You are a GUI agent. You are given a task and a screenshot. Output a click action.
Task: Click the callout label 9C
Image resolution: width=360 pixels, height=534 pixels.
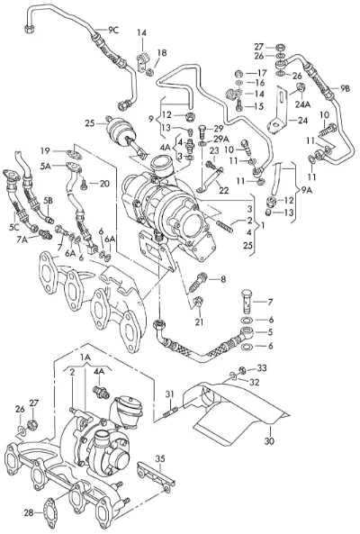[113, 30]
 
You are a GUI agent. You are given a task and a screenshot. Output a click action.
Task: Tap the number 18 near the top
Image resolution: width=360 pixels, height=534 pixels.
[162, 53]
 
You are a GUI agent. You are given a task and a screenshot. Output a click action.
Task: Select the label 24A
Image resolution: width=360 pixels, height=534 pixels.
[302, 104]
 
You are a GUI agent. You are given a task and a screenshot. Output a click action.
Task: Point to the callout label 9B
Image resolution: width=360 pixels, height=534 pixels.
[345, 88]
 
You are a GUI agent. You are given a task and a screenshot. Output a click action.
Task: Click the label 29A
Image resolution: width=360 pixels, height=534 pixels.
[221, 139]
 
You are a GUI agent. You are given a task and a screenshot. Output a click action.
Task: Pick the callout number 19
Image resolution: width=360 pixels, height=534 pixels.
[45, 150]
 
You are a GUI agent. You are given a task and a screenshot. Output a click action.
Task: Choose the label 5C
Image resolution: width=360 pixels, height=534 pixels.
[14, 227]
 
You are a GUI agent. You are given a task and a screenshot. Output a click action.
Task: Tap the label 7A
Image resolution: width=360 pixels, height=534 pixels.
[22, 241]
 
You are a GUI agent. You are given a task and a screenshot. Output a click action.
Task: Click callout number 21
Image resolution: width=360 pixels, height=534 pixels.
[199, 321]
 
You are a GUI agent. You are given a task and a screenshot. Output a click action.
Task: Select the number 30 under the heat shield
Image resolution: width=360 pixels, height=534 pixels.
[269, 441]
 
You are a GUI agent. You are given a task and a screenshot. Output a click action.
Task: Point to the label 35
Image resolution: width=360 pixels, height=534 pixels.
[160, 458]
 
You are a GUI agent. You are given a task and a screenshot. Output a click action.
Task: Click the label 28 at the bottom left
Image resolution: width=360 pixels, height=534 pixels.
[29, 512]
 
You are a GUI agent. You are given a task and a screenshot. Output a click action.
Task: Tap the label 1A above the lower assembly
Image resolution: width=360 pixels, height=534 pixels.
[85, 357]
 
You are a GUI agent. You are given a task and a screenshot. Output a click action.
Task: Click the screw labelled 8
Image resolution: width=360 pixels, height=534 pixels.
[199, 281]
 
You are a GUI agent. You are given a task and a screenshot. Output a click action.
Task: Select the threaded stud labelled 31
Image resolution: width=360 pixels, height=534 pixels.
[170, 412]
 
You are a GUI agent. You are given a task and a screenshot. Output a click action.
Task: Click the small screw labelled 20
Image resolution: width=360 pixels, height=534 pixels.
[83, 185]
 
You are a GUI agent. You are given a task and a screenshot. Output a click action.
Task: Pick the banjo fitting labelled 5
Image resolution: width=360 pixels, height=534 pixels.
[247, 332]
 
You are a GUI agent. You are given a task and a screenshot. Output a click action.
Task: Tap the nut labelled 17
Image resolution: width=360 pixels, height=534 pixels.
[239, 73]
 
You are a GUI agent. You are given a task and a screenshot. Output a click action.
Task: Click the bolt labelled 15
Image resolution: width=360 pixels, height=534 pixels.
[239, 104]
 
